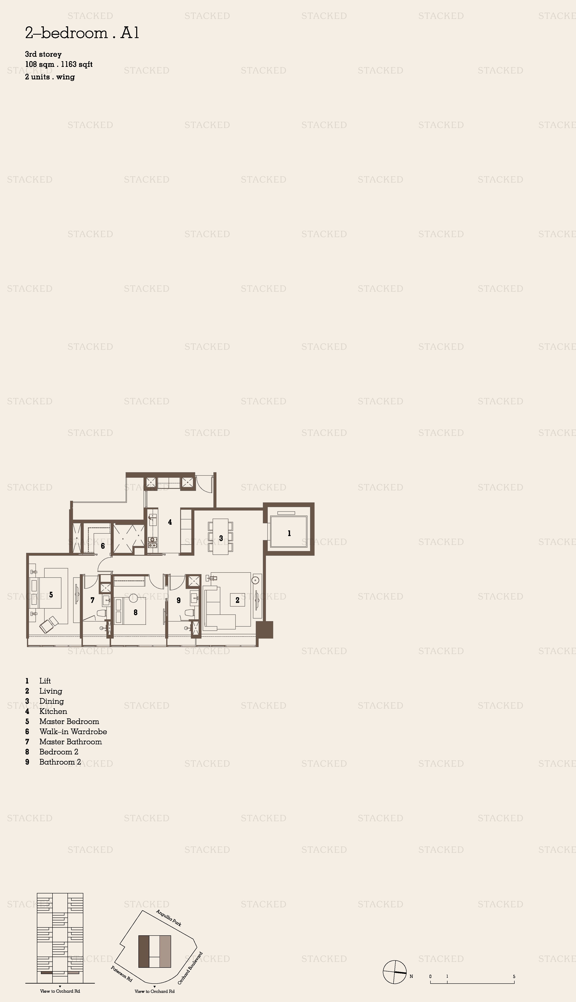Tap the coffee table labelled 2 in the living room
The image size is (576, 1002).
[x=237, y=600]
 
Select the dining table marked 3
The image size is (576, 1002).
[x=221, y=537]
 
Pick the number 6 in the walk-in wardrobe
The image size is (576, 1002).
[x=103, y=546]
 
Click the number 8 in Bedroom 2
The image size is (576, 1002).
[x=136, y=612]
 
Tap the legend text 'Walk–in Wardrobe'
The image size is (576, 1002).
[x=73, y=732]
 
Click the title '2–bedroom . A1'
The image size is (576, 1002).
[x=82, y=33]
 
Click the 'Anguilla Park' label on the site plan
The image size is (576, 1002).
[x=169, y=918]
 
